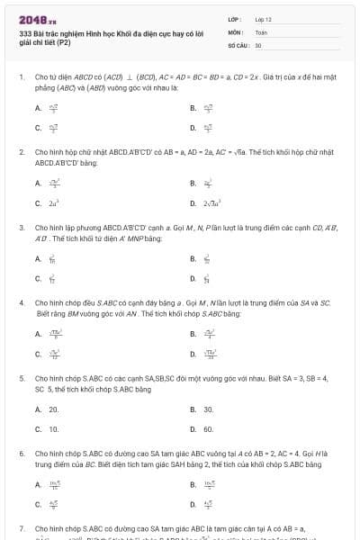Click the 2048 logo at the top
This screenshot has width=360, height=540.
[31, 19]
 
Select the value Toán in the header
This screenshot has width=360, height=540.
[262, 31]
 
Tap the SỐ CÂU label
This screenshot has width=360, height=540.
[238, 44]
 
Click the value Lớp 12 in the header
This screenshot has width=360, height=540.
[264, 19]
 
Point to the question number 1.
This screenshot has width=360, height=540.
[21, 78]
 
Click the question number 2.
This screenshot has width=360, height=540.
[21, 152]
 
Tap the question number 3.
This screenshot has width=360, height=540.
[21, 228]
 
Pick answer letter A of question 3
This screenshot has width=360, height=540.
[38, 259]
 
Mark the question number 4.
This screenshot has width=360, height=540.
[21, 303]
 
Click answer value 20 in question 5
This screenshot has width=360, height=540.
[54, 409]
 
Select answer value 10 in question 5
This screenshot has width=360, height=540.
[54, 429]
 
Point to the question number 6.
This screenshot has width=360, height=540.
[21, 454]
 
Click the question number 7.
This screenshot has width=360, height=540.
[21, 529]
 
